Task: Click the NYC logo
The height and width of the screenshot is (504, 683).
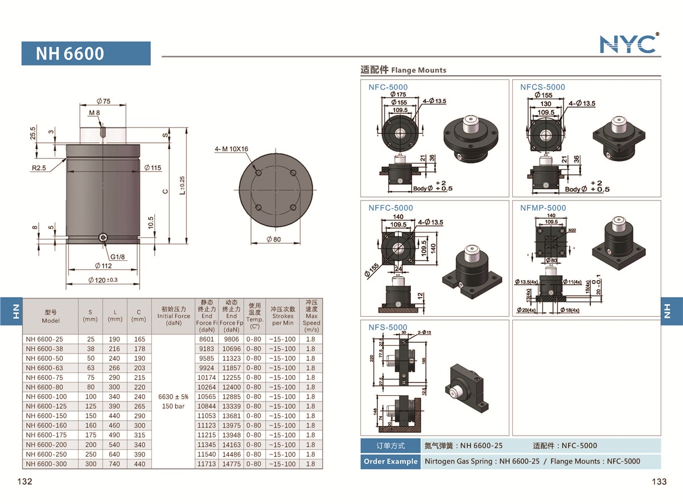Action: click(629, 44)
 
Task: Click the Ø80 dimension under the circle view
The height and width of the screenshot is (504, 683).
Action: click(273, 239)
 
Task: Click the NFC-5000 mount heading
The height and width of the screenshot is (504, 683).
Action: click(388, 87)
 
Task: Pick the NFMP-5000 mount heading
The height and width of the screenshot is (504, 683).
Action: click(543, 208)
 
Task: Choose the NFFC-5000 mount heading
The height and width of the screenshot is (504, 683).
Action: click(390, 208)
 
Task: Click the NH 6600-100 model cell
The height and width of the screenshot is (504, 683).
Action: click(46, 396)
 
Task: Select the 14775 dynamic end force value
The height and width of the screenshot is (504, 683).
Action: click(231, 464)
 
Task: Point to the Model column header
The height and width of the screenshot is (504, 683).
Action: click(51, 316)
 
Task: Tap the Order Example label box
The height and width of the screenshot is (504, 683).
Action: click(390, 461)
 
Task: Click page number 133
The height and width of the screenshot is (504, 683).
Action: click(659, 482)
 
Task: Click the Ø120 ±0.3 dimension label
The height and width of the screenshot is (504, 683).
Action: click(103, 280)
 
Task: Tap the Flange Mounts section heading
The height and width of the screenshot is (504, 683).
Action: click(404, 70)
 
